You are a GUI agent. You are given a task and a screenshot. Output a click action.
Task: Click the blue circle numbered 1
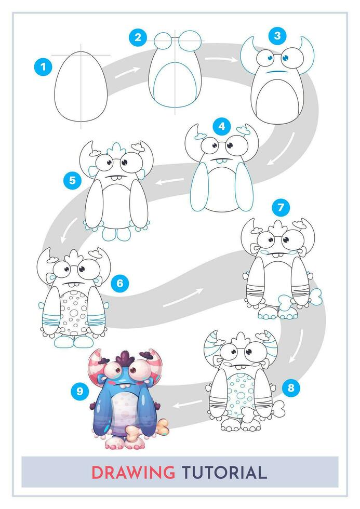(43, 66)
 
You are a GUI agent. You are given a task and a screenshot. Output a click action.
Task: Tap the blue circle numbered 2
(138, 37)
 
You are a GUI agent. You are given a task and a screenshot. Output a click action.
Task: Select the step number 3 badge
(277, 35)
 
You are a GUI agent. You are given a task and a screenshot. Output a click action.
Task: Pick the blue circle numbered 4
(222, 126)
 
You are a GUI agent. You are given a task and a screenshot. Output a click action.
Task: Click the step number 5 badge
(72, 181)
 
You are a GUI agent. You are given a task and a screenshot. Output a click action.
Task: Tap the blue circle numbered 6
(119, 283)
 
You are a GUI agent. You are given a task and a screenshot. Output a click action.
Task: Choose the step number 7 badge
(281, 208)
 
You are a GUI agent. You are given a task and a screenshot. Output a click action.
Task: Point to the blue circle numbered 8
(291, 387)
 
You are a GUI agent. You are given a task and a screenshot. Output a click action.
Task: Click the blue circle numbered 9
(79, 391)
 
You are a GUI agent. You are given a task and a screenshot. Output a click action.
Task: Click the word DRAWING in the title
(133, 472)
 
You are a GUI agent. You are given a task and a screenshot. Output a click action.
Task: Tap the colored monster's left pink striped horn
(98, 364)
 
